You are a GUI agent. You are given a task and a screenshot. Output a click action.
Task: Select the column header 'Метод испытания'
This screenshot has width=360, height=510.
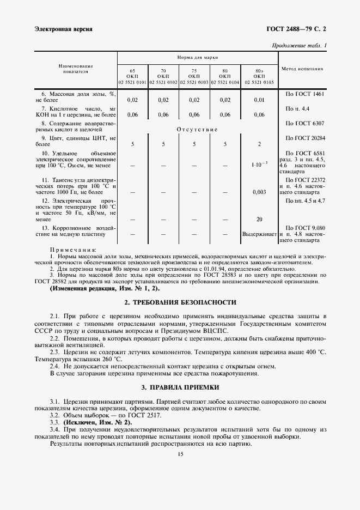click(302, 69)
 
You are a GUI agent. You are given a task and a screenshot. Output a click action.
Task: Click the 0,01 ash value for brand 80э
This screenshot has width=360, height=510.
click(259, 100)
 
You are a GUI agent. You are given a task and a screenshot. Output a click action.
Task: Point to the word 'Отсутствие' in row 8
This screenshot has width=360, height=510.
click(197, 129)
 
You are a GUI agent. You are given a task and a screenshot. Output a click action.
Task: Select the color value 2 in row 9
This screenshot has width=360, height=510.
click(259, 144)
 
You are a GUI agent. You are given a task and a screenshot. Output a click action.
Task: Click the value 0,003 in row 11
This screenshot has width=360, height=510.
click(259, 192)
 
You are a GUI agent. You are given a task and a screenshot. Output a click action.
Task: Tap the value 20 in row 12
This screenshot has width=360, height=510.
click(259, 219)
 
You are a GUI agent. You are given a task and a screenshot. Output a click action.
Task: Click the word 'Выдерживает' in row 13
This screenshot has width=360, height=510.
click(259, 234)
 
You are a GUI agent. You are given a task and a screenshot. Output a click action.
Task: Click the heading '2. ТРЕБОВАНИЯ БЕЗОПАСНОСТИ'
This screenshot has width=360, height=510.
click(180, 302)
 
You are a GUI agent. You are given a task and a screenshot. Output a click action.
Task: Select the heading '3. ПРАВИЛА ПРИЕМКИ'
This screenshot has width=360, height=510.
click(180, 387)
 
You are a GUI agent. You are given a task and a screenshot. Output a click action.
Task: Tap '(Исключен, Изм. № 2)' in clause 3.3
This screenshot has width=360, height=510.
click(97, 422)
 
